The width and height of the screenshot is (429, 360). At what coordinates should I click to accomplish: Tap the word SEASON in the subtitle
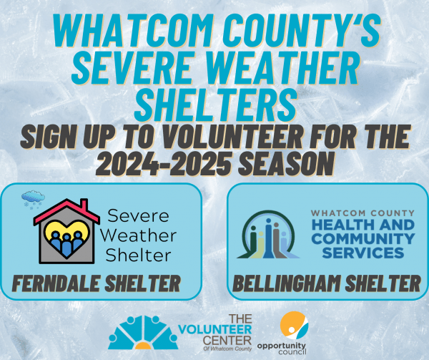pyautogui.click(x=283, y=163)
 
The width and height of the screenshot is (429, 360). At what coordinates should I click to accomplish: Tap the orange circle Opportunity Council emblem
pyautogui.click(x=295, y=325)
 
